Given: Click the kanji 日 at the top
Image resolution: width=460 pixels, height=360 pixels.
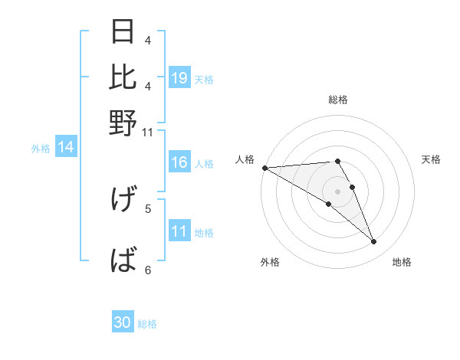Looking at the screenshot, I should [123, 32].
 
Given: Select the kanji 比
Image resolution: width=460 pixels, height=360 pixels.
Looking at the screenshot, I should [123, 77].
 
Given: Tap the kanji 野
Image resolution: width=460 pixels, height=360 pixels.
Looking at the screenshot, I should [123, 123].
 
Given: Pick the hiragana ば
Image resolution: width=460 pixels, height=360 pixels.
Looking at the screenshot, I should [123, 261].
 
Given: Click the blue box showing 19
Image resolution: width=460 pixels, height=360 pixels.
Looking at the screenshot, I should [179, 77].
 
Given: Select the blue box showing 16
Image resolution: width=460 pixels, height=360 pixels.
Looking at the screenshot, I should [179, 163].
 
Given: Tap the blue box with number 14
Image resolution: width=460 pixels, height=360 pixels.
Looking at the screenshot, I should [66, 148].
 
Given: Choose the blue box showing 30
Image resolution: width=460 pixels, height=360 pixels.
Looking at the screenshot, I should [123, 323].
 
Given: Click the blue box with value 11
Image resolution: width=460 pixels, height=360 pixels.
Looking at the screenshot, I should [179, 232].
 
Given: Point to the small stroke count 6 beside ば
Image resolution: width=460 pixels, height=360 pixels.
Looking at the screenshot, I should [148, 270].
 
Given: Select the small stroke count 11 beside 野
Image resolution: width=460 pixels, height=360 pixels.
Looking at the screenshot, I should [148, 133].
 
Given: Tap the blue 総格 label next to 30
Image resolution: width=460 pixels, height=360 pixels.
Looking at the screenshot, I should [148, 324].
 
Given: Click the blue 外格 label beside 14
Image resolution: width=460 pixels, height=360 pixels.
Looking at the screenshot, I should [41, 149].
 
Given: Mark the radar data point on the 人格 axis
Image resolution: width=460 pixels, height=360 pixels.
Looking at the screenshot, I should [264, 168].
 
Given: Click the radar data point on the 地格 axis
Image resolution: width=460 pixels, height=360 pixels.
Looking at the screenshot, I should [374, 242].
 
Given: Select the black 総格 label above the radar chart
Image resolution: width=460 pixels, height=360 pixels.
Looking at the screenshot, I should [338, 100].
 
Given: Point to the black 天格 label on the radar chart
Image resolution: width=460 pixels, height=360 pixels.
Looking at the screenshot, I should [432, 159].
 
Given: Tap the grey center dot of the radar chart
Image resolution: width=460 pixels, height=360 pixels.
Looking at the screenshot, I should [338, 191].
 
